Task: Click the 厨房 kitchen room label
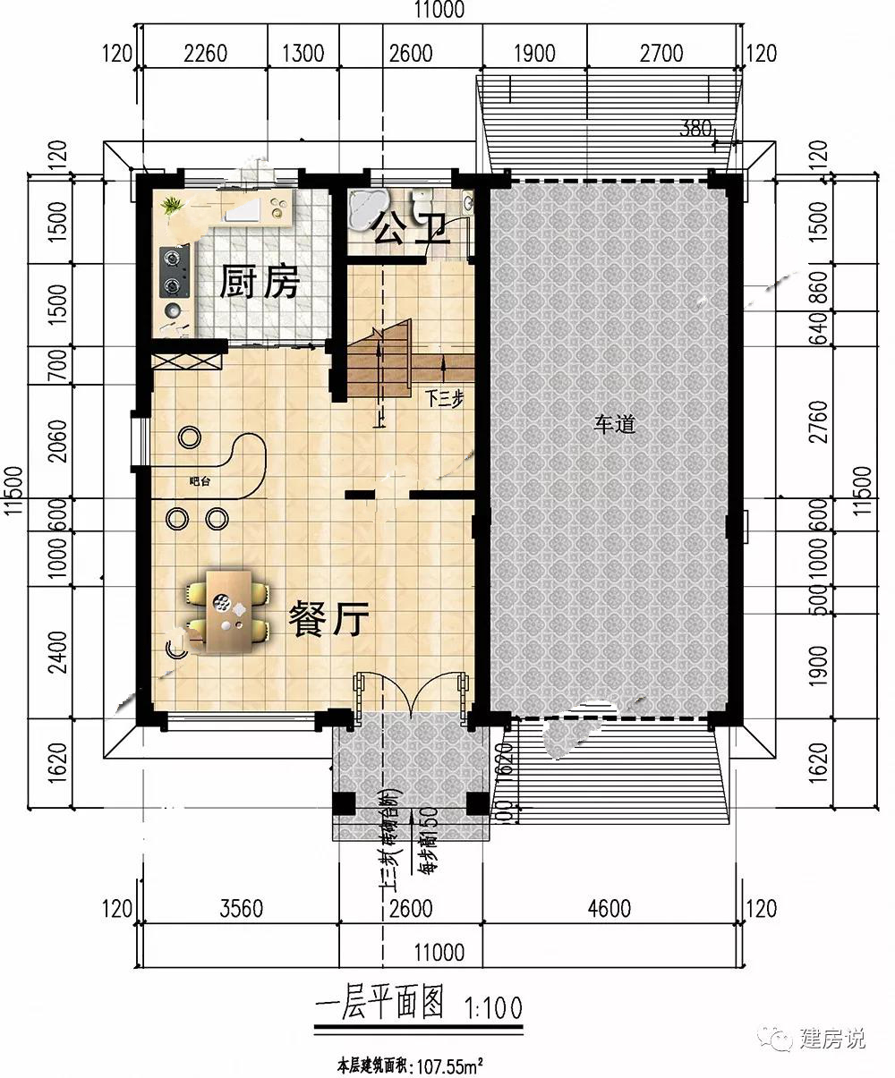coord(259,284)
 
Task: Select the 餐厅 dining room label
coord(328,619)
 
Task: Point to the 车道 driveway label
coord(614,425)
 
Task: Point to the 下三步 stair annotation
coord(445,399)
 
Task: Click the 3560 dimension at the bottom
coord(241,909)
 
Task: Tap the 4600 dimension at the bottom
coord(609,909)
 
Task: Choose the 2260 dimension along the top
coord(205,54)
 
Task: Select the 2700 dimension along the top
coord(661,54)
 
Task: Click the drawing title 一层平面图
coord(379,1006)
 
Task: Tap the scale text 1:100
coord(492,1009)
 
